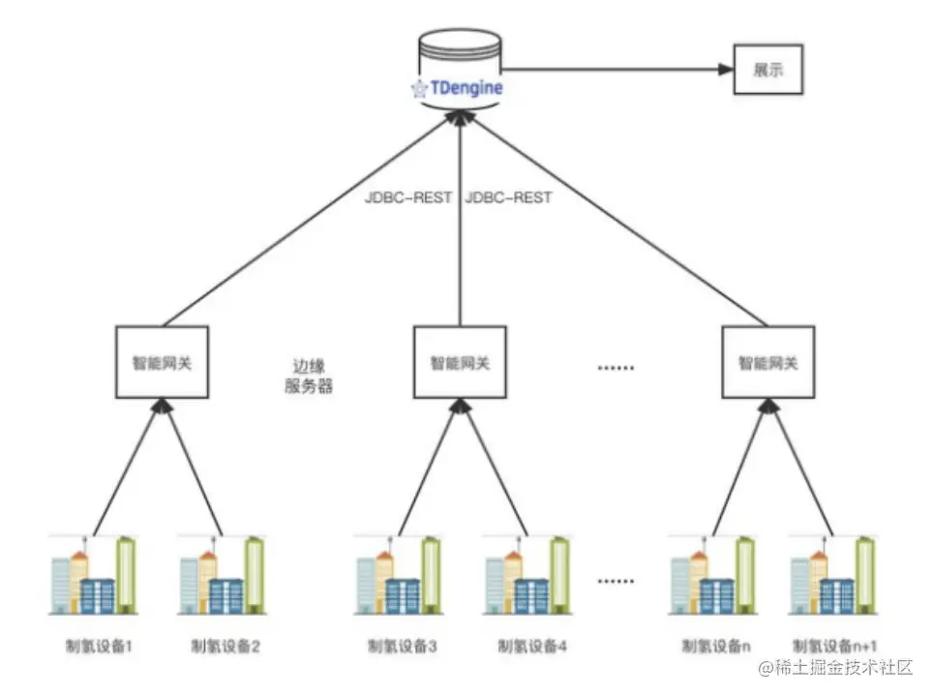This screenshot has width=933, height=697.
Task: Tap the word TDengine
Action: [466, 88]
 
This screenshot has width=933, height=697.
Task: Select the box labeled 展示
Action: [767, 70]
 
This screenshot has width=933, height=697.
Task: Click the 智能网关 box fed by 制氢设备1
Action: [162, 362]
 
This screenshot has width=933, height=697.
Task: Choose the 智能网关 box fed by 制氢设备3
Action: [460, 362]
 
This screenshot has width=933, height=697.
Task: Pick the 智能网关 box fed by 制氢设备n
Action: [767, 362]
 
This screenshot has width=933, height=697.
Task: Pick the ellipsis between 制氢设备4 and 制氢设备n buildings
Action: [617, 582]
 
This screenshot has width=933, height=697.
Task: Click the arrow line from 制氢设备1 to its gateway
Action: [124, 470]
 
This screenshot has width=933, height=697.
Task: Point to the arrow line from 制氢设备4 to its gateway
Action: [496, 470]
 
